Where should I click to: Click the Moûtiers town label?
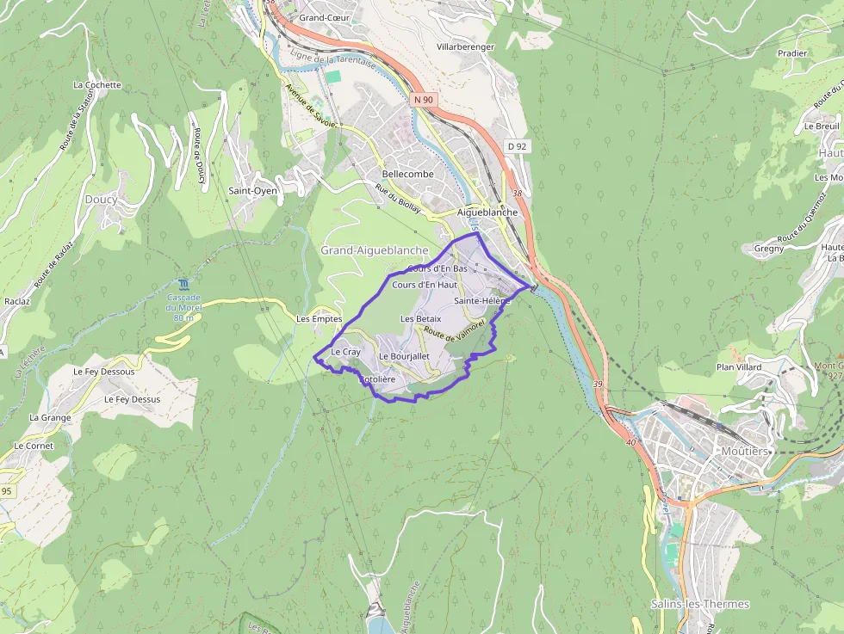click(745, 451)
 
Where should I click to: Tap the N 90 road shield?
click(423, 100)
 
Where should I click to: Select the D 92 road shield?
click(517, 146)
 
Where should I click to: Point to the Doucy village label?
click(101, 200)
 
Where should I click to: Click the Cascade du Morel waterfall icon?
click(183, 284)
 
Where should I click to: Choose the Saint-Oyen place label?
click(253, 191)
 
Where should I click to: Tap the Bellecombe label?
click(407, 174)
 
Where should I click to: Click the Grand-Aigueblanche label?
click(374, 250)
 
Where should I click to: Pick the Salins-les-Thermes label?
click(700, 604)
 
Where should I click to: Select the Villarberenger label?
click(465, 46)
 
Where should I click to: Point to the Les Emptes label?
click(319, 319)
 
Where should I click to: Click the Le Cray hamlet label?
click(345, 352)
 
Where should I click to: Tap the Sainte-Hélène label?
click(482, 301)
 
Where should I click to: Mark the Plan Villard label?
click(739, 367)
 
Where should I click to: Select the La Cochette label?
click(97, 85)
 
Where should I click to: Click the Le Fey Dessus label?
click(132, 399)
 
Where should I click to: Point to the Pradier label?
click(792, 53)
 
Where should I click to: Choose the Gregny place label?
click(768, 249)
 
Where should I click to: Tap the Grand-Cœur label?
click(322, 17)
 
